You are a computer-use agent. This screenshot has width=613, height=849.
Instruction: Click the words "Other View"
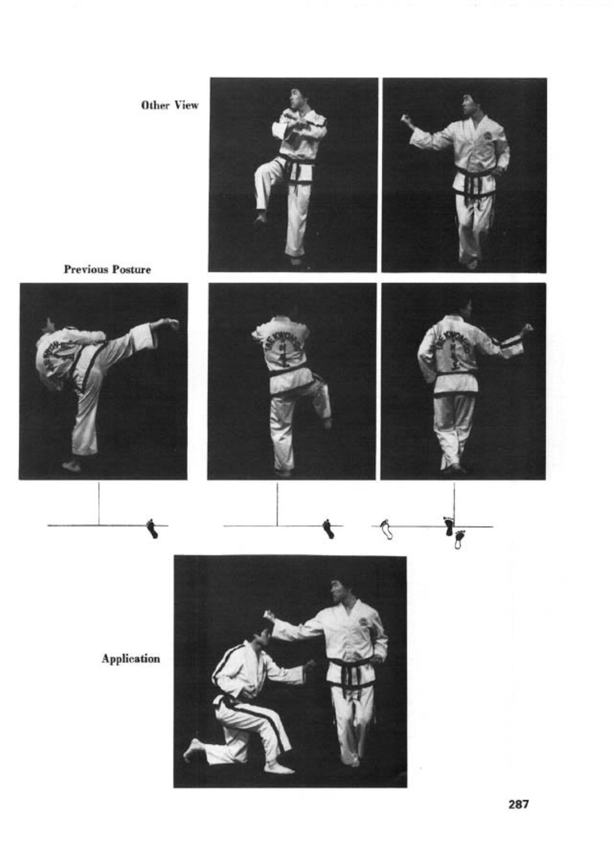pyautogui.click(x=170, y=105)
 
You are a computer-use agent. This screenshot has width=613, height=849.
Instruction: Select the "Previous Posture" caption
pyautogui.click(x=107, y=269)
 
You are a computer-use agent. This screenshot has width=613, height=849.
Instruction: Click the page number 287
pyautogui.click(x=518, y=804)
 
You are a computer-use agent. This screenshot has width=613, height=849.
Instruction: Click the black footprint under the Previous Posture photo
pyautogui.click(x=153, y=528)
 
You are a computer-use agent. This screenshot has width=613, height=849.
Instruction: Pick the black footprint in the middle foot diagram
pyautogui.click(x=328, y=529)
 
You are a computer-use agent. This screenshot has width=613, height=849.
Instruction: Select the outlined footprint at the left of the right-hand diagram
pyautogui.click(x=387, y=529)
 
